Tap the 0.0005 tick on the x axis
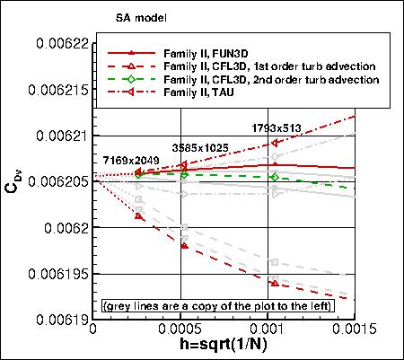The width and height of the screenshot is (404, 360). tap(183, 330)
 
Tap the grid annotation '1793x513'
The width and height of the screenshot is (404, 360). tap(283, 127)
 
